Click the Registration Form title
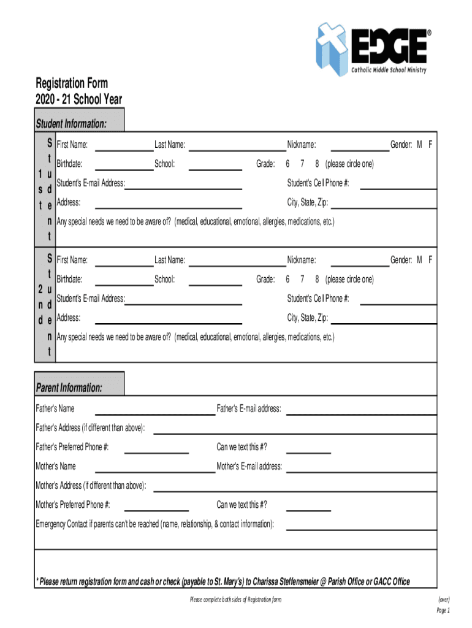72,83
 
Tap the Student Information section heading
71,124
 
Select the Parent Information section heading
69,388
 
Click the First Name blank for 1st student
124,146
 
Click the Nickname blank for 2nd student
360,261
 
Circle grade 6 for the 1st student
287,164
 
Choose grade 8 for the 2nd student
317,280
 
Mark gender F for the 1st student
430,145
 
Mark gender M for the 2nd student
420,261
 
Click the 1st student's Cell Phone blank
398,184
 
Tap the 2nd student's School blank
216,281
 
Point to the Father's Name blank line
154,410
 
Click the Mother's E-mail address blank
362,467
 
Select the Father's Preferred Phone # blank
156,448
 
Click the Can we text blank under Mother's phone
308,506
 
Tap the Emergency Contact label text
155,524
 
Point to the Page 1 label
443,610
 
